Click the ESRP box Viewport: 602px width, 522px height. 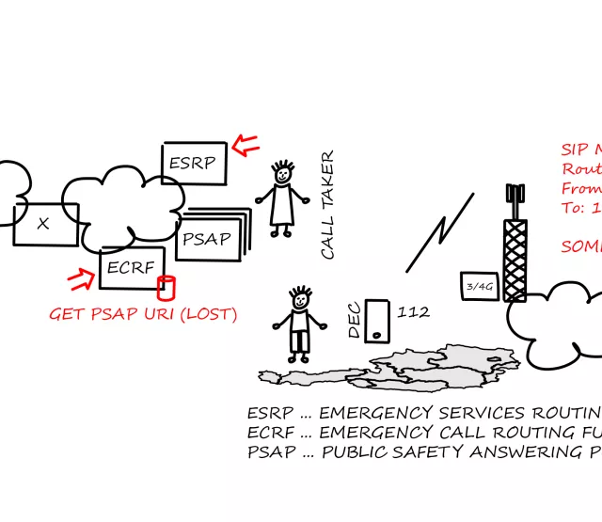point(194,164)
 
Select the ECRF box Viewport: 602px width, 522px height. point(132,267)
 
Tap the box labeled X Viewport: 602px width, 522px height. point(44,224)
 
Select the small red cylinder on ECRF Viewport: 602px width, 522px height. point(166,286)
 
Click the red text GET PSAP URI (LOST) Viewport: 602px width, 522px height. point(143,314)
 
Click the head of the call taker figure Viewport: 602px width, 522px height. point(281,174)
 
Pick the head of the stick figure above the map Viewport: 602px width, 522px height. point(299,301)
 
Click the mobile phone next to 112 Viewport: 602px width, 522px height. point(377,320)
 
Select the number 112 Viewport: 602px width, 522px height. point(414,311)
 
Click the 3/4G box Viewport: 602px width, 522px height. point(479,286)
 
